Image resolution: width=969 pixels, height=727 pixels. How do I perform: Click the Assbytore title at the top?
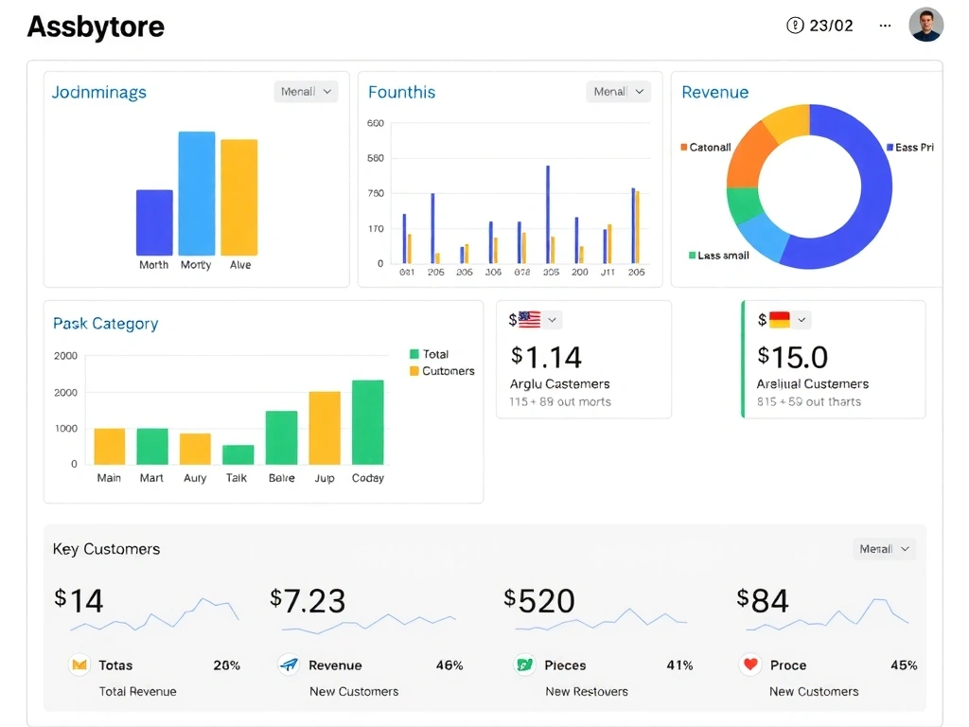(x=96, y=27)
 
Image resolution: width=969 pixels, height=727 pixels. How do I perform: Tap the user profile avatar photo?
(x=925, y=26)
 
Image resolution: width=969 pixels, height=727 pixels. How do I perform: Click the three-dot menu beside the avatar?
(x=885, y=26)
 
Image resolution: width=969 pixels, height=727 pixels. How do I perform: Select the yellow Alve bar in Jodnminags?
(x=239, y=197)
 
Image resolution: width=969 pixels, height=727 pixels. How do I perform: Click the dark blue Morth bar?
(x=154, y=222)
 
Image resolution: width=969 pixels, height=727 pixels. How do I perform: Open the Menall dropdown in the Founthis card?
(x=618, y=92)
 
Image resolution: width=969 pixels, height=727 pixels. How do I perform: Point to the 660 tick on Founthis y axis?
(x=376, y=123)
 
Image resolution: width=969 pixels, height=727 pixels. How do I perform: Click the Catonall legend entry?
(x=705, y=147)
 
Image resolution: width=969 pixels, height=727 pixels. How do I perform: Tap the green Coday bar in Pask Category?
(x=368, y=422)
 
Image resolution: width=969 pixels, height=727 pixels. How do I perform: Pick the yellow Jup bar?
(x=325, y=427)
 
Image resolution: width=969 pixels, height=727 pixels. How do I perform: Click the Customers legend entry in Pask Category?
(x=442, y=371)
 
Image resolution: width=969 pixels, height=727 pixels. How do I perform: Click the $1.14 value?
(x=546, y=357)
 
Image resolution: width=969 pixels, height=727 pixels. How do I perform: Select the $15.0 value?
(x=793, y=357)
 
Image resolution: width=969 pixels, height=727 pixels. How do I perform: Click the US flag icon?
(x=529, y=320)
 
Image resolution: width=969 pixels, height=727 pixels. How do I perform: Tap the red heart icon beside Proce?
(x=750, y=665)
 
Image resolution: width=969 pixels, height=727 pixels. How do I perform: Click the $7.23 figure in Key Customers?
(x=308, y=600)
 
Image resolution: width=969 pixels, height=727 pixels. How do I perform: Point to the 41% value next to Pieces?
(x=679, y=665)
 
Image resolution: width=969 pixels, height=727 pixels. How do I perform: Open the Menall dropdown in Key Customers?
(x=885, y=549)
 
